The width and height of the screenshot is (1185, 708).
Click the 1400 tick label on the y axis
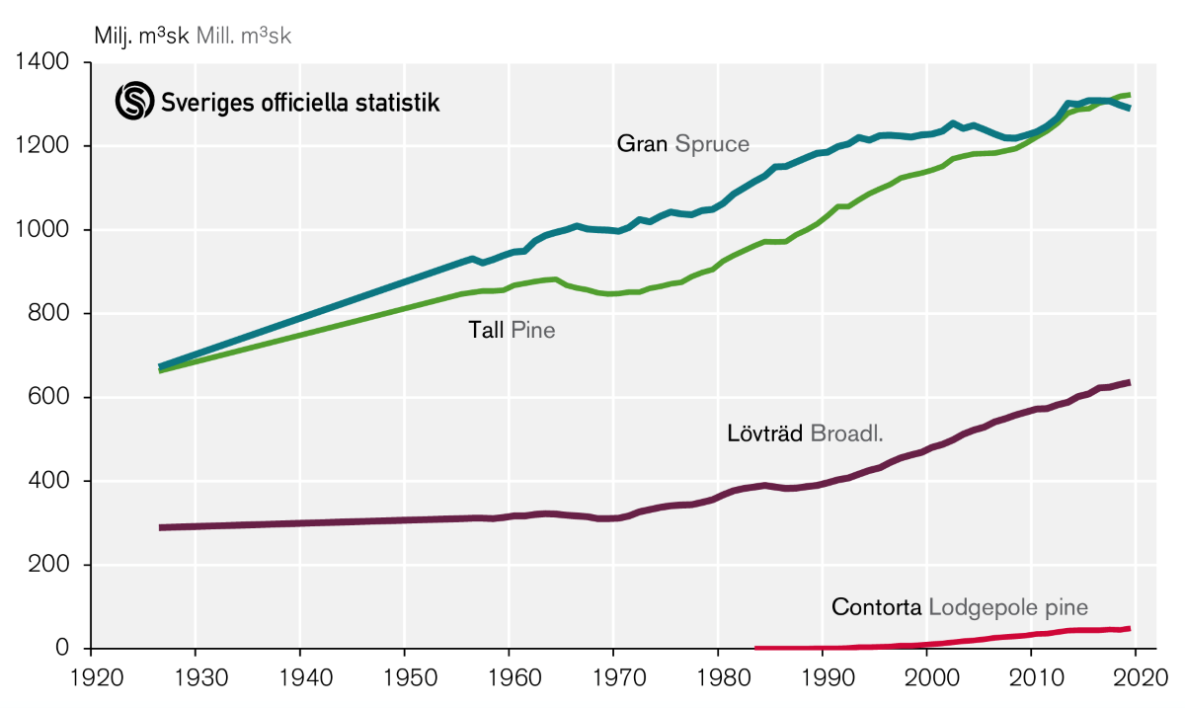tap(41, 63)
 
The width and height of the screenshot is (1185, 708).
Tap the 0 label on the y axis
tap(61, 649)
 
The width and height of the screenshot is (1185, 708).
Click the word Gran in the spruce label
tap(642, 144)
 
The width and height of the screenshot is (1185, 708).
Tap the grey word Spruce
tap(712, 145)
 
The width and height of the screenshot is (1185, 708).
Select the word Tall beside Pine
tap(486, 330)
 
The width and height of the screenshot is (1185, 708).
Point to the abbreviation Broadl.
tap(846, 433)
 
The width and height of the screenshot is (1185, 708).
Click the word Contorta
tap(876, 607)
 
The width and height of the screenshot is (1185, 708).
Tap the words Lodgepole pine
tap(1008, 607)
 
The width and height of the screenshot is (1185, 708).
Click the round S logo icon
tap(135, 102)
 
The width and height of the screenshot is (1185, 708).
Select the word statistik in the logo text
tap(399, 102)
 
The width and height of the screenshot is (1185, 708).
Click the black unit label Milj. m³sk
tap(141, 37)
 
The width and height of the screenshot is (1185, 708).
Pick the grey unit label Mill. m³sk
tap(244, 37)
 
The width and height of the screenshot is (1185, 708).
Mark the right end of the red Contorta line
tap(1129, 628)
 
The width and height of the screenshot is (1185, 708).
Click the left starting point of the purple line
tap(161, 527)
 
